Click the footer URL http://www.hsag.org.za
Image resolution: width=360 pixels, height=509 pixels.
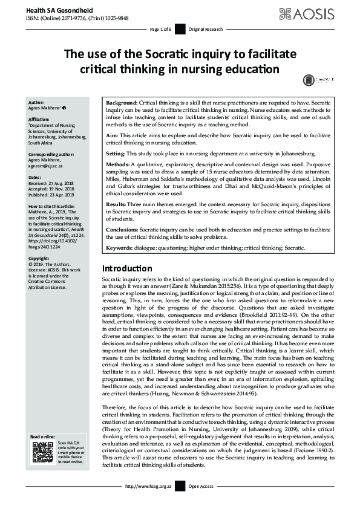click(x=143, y=502)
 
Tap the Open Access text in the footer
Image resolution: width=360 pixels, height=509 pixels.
click(x=202, y=502)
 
